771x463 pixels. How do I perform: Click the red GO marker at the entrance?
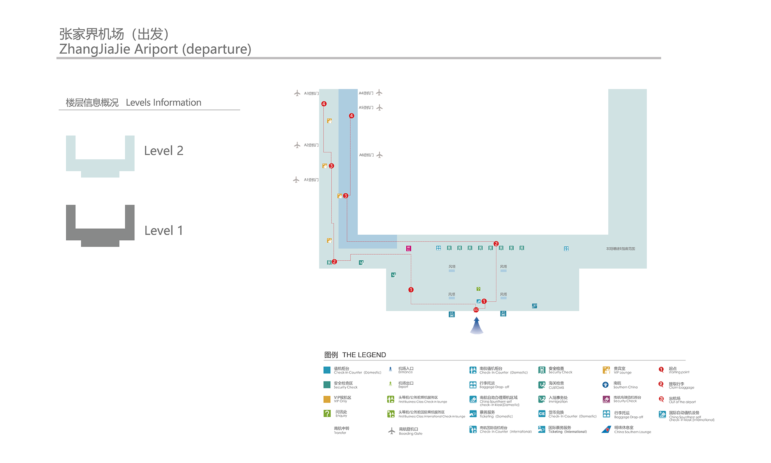click(476, 309)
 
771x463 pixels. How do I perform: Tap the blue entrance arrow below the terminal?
click(477, 326)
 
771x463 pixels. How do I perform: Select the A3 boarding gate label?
click(311, 93)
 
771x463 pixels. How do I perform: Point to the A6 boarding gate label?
click(366, 155)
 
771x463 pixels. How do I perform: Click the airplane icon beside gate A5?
click(380, 108)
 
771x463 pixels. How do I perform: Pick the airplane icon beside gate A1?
click(296, 180)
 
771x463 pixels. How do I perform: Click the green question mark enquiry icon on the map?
click(478, 289)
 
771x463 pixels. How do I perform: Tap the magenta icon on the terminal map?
click(409, 248)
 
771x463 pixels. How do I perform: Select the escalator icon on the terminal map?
click(534, 306)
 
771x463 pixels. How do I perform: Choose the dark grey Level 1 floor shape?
click(100, 233)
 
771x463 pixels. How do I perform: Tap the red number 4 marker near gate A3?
click(324, 104)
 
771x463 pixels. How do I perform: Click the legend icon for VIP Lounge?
click(606, 370)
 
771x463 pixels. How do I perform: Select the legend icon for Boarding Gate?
click(392, 431)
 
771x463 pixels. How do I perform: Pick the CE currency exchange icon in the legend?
click(542, 414)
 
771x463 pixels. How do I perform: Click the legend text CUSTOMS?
click(556, 388)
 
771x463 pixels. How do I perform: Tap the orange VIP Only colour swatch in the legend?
click(327, 399)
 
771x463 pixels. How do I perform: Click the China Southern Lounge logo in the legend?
click(606, 429)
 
